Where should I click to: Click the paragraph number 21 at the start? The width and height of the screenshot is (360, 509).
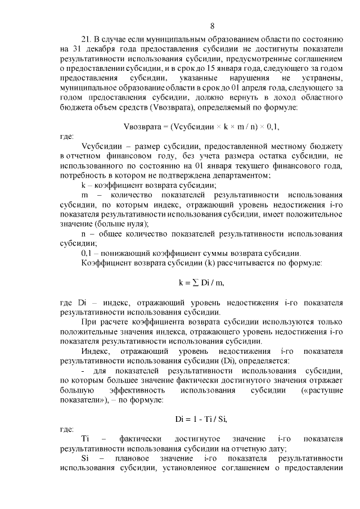point(87,39)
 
